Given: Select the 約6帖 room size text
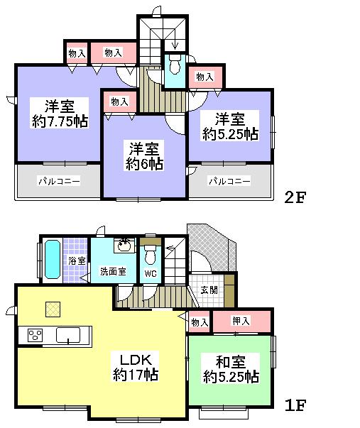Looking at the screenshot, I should [145, 163].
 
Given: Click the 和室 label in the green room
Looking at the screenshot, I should [229, 360].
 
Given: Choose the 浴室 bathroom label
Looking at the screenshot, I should [77, 260].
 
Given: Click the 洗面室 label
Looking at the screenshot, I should [112, 270].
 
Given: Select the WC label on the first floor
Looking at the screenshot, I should [150, 273].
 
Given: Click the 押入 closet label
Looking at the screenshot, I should [241, 322].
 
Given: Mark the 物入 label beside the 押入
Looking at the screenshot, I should [200, 322].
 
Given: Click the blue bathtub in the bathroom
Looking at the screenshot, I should [51, 261].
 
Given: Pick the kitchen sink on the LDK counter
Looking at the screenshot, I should [69, 334].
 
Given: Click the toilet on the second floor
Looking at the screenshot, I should [174, 67].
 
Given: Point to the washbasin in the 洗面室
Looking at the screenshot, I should [124, 246].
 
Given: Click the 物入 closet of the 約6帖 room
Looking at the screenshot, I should [120, 101].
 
